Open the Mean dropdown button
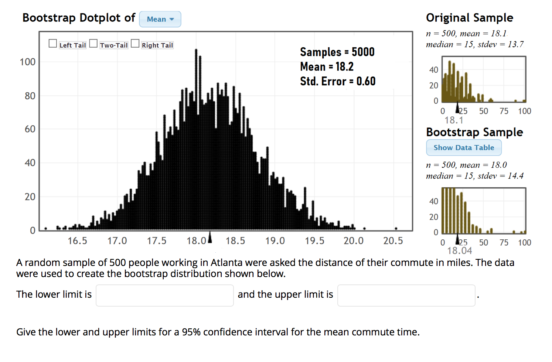[x=160, y=19]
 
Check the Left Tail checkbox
[x=53, y=44]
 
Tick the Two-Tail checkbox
[x=93, y=44]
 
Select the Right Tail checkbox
[x=135, y=44]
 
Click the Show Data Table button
[x=464, y=148]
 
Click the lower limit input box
[x=165, y=295]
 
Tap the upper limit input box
[x=406, y=295]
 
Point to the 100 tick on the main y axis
[x=28, y=62]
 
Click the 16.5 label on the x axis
[x=78, y=241]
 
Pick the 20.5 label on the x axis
[x=393, y=241]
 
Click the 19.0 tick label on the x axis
[x=275, y=241]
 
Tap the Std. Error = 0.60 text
[x=338, y=81]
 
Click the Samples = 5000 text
[x=337, y=52]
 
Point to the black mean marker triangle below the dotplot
[x=210, y=238]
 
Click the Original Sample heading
[x=469, y=18]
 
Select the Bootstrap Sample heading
[x=474, y=132]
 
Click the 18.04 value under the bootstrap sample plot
[x=460, y=251]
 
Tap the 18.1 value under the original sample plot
[x=454, y=120]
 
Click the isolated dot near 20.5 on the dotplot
[x=396, y=228]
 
